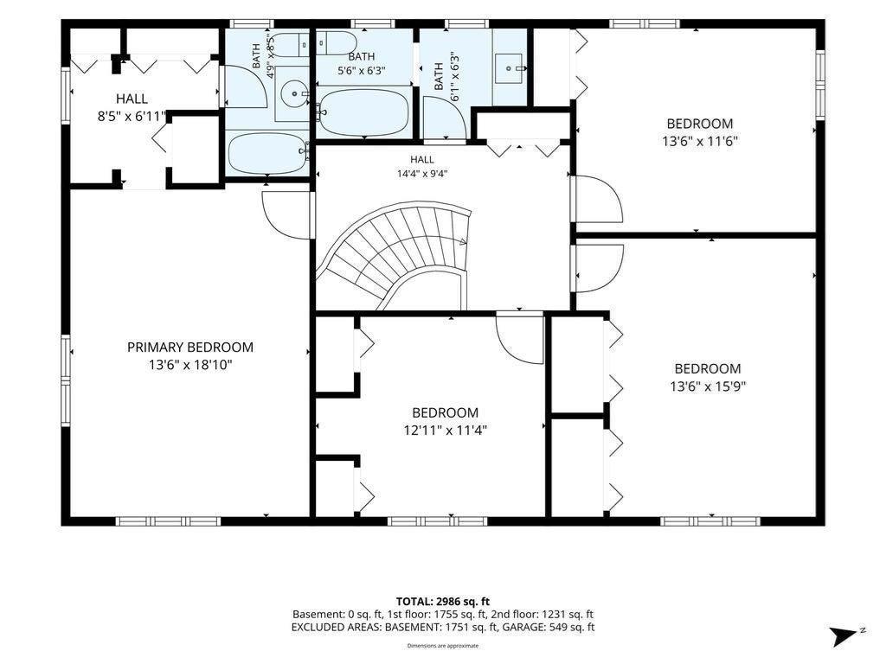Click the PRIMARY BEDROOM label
point(189,348)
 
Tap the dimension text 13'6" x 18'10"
point(190,365)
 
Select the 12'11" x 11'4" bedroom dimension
point(446,431)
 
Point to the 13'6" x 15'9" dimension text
point(708,386)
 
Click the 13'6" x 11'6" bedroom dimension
point(700,141)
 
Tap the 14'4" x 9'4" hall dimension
point(422,174)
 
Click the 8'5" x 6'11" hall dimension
point(132,117)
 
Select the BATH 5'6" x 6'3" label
point(362,63)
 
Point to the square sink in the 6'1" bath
point(510,67)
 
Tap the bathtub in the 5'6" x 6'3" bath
point(363,112)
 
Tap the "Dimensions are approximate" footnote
point(443,646)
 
